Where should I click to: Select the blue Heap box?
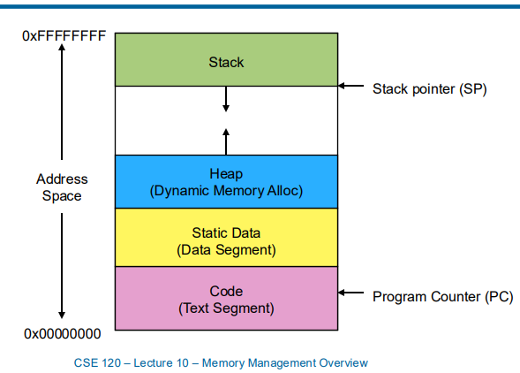point(226,181)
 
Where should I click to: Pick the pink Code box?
point(226,299)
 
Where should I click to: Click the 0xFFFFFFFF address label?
point(64,37)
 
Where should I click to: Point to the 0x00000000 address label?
point(63,334)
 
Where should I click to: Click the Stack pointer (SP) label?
point(430,88)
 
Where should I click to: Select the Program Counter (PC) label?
point(442,296)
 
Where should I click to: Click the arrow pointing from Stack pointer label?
point(352,87)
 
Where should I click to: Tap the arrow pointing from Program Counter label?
point(352,293)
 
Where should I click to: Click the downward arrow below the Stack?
point(226,101)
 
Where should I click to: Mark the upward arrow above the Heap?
point(226,140)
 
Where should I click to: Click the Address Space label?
point(62,187)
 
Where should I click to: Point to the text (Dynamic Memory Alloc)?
point(226,190)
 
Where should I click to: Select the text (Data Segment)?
point(226,250)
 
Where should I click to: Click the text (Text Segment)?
point(226,308)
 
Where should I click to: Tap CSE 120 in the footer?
point(99,362)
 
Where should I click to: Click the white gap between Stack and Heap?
point(283,120)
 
